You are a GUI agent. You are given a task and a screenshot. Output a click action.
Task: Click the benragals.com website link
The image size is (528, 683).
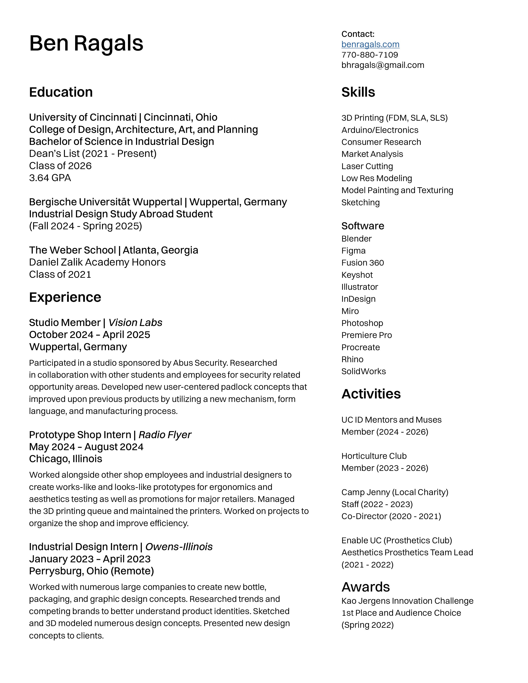pos(370,44)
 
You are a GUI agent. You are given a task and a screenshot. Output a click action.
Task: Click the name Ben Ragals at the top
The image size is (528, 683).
pos(86,43)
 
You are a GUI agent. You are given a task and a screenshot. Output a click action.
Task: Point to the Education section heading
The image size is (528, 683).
pos(61,92)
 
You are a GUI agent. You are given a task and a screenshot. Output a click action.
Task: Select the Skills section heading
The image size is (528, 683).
pos(358,92)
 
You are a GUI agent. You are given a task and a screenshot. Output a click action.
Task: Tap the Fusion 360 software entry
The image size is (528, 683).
pos(363,263)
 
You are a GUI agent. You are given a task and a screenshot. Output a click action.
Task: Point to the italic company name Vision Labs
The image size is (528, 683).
pos(135,322)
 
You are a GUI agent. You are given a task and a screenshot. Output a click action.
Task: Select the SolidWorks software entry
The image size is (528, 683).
pos(363,371)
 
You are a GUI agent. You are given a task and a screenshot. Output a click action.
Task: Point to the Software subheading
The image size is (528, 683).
pos(363,226)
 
